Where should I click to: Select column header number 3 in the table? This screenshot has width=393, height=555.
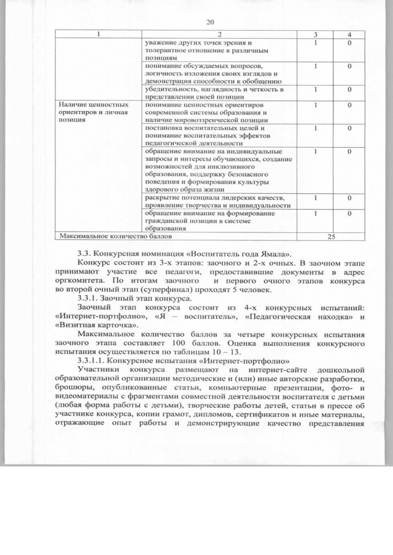pyautogui.click(x=315, y=34)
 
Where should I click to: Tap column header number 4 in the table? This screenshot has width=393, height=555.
pyautogui.click(x=348, y=34)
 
